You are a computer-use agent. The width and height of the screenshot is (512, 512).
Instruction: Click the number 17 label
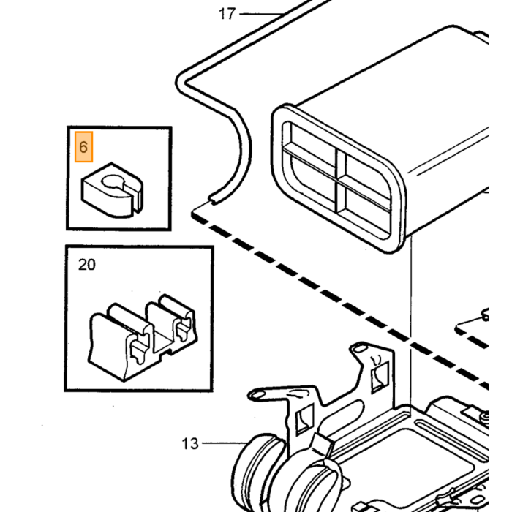[227, 14]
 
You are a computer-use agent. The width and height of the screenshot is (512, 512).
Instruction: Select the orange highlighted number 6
[83, 147]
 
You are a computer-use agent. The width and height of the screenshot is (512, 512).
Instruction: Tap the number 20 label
[87, 265]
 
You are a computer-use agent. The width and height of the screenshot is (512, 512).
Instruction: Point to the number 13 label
[189, 444]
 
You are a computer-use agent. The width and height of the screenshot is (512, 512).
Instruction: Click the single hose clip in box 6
[112, 190]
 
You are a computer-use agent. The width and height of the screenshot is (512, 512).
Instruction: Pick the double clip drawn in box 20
[143, 337]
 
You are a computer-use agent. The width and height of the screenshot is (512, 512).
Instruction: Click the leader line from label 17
[261, 14]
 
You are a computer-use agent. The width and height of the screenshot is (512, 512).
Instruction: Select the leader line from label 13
[225, 443]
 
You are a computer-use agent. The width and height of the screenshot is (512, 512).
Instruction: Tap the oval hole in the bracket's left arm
[257, 395]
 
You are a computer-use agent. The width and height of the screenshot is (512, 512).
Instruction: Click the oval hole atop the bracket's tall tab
[360, 349]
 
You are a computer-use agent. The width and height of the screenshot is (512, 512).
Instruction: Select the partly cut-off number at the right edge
[485, 315]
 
